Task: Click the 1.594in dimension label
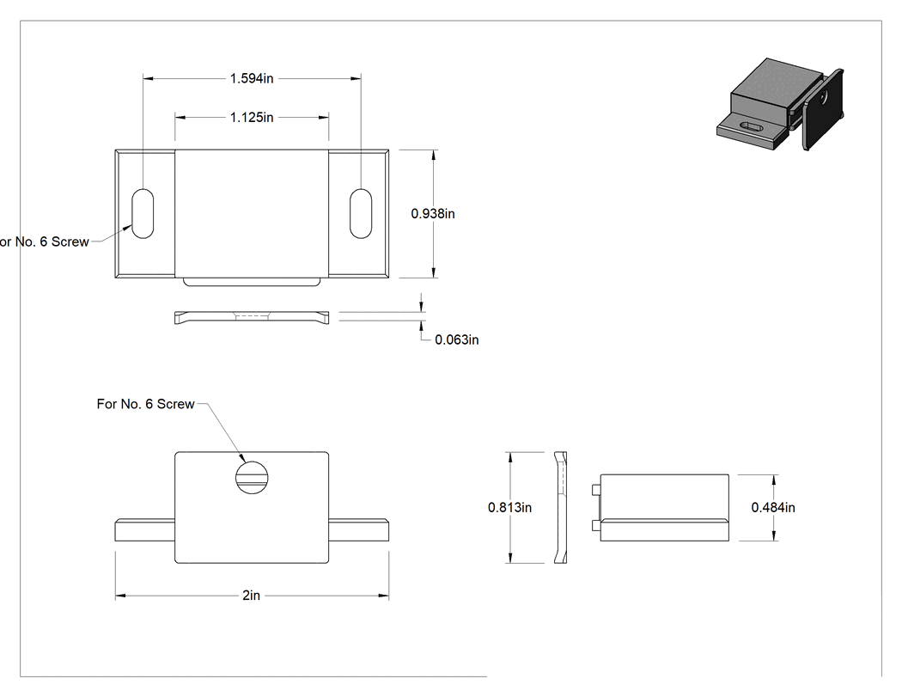(x=252, y=78)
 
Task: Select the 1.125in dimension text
(x=252, y=118)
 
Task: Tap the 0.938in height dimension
(x=433, y=213)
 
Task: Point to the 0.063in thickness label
(x=457, y=339)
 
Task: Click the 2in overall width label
(x=252, y=595)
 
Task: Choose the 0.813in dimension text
(x=509, y=507)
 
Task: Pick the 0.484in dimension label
(x=773, y=507)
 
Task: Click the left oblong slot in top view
(x=143, y=213)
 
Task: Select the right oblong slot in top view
(x=361, y=213)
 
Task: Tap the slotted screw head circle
(x=252, y=478)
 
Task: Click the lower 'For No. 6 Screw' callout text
(x=145, y=404)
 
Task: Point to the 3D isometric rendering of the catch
(x=781, y=104)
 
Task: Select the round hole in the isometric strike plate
(x=825, y=96)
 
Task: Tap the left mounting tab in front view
(x=145, y=530)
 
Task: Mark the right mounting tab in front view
(x=359, y=530)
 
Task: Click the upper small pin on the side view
(x=596, y=490)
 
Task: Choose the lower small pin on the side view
(x=596, y=525)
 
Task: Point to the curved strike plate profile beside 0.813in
(x=561, y=507)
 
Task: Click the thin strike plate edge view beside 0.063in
(x=252, y=317)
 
